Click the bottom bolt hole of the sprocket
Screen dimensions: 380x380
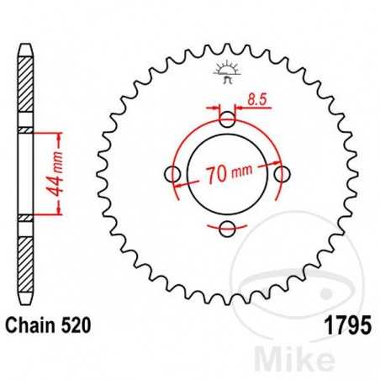[x=228, y=227]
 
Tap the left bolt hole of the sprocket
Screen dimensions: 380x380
[x=174, y=174]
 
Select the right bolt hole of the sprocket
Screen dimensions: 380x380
[x=281, y=174]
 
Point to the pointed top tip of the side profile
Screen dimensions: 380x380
[x=27, y=39]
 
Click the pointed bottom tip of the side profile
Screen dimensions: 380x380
[x=27, y=307]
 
